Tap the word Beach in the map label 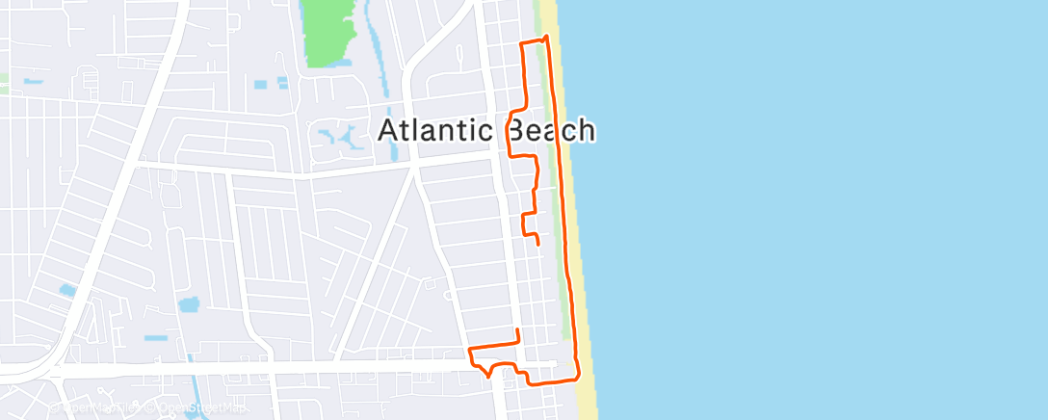547,131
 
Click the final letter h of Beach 585,131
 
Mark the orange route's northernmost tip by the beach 547,38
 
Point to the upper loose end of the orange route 537,244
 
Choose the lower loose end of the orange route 518,331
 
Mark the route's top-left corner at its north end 522,44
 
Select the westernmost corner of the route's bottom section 469,349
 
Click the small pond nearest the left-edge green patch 34,81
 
